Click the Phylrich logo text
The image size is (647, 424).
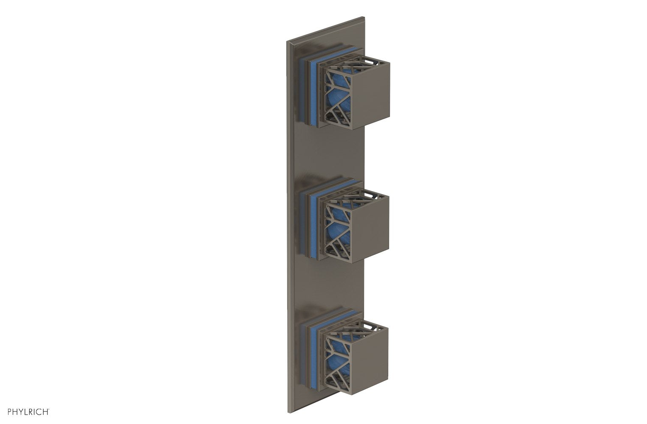click(27, 411)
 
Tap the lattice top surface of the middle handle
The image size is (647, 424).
click(361, 196)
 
